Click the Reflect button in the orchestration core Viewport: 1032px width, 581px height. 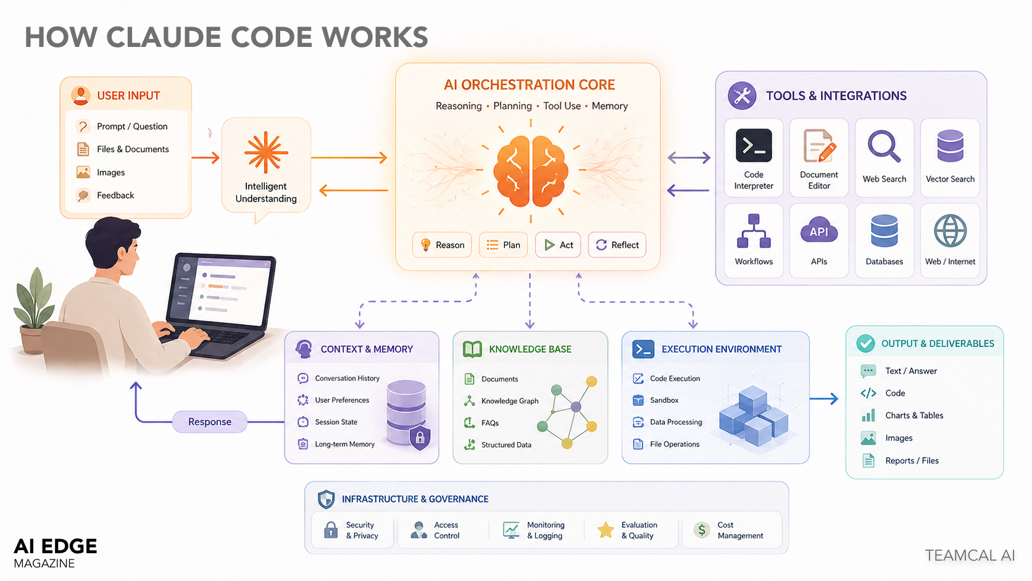click(617, 245)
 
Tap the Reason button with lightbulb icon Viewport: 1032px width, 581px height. click(442, 245)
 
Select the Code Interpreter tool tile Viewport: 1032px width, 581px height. click(754, 158)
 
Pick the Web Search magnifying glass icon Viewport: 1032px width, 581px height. click(884, 146)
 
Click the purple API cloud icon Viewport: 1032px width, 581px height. click(818, 232)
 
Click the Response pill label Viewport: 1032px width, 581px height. click(210, 422)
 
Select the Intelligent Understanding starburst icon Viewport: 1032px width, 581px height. click(266, 152)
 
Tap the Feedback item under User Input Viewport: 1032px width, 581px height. click(115, 195)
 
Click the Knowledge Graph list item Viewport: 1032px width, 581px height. click(509, 401)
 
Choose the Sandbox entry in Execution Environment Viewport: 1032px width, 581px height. click(664, 400)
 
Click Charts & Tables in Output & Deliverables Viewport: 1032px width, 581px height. click(913, 416)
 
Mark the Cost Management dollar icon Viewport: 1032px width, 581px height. click(702, 530)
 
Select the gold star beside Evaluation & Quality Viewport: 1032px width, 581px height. click(605, 530)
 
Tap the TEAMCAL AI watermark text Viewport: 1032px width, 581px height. click(969, 555)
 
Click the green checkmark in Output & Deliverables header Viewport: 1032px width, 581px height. click(865, 343)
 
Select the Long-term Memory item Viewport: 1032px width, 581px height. click(344, 444)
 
